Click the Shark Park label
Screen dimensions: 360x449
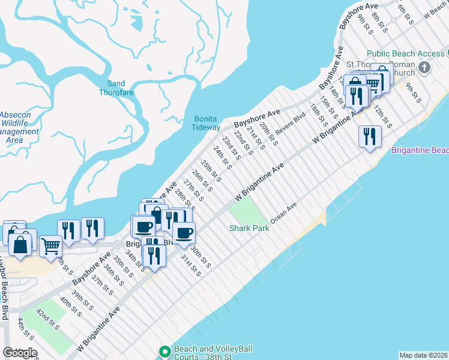249,228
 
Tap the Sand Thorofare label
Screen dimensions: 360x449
116,88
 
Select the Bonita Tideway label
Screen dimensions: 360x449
206,123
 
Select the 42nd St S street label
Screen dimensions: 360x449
46,320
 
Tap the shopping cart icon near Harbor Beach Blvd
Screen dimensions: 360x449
50,245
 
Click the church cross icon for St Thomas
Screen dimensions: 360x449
425,66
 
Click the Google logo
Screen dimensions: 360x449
19,353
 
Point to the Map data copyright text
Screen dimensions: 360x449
423,355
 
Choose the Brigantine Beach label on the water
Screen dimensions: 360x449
420,150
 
